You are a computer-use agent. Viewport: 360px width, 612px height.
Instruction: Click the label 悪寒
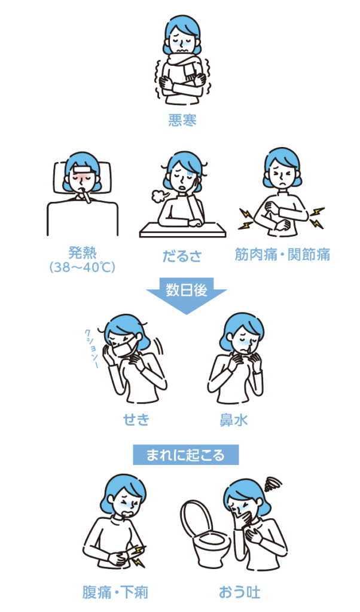point(182,120)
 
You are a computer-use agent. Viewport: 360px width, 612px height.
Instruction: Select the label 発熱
point(82,253)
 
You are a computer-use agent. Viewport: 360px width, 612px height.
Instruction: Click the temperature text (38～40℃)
point(82,267)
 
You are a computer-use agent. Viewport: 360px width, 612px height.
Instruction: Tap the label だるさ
point(182,256)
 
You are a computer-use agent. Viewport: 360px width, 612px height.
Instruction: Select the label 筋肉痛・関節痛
point(282,255)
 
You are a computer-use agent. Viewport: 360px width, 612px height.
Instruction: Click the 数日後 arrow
point(186,293)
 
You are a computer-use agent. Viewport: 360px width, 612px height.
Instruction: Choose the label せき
point(136,420)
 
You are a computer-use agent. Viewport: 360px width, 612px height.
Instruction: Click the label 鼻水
point(233,420)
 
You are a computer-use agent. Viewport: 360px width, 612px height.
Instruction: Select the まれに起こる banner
point(186,455)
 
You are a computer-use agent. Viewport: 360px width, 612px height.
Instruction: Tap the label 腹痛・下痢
point(115,592)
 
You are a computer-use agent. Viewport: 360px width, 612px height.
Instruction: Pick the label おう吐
point(240,592)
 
